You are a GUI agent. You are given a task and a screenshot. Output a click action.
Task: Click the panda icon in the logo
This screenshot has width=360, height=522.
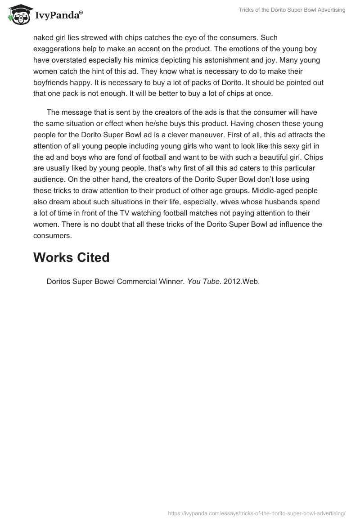click(17, 13)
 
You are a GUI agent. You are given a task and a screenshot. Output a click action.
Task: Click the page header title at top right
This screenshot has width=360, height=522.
click(292, 10)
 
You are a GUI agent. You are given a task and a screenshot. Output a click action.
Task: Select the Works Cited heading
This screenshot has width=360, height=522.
click(71, 257)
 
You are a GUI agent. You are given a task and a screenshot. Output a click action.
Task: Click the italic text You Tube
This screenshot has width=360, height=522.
click(203, 282)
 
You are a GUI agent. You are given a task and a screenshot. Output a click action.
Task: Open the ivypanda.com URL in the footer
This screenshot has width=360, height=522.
click(256, 513)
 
